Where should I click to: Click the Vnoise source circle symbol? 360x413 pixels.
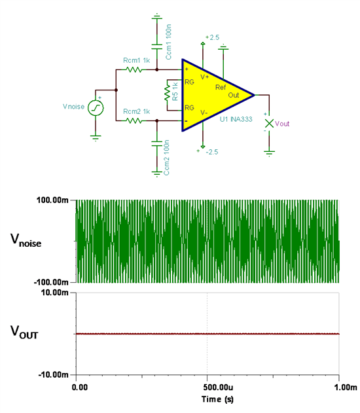point(96,108)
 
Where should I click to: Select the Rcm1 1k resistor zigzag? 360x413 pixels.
point(134,70)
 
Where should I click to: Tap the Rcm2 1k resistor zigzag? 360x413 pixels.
point(134,121)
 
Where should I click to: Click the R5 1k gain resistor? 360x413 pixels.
point(167,94)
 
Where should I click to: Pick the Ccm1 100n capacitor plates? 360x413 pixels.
point(157,46)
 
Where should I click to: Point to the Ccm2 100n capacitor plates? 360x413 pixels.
point(157,143)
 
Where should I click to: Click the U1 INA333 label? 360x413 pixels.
point(236,119)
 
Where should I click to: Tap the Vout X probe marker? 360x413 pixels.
point(269,123)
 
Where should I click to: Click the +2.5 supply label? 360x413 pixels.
point(212,37)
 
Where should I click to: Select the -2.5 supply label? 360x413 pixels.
point(212,152)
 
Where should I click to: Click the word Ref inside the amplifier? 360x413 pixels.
point(221,87)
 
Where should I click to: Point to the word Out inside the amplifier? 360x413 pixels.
point(234,95)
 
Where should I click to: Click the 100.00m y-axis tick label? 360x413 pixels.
point(52,200)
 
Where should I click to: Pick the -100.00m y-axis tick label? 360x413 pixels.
point(51,282)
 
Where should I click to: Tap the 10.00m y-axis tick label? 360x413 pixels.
point(55,293)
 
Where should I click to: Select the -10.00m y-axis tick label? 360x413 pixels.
point(54,374)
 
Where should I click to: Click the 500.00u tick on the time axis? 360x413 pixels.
point(207,374)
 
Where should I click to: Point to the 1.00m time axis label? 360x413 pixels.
point(346,387)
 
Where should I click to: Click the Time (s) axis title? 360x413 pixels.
point(217,399)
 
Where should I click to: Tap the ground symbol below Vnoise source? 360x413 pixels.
point(96,138)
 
